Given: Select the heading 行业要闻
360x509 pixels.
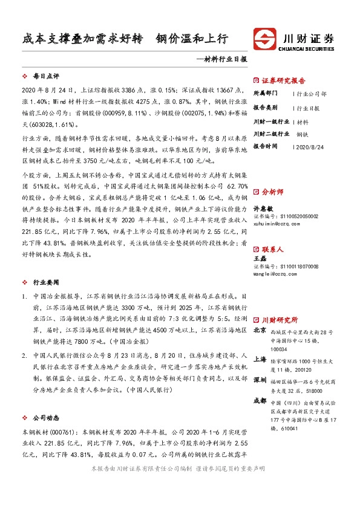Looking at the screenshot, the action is pos(45,282).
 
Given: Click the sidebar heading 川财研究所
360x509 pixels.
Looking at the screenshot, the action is pos(280,320).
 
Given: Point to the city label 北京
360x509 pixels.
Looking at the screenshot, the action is pos(259,331).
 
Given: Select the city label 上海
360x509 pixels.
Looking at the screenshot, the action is pos(259,359).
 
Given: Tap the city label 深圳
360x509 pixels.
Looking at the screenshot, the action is pos(259,380).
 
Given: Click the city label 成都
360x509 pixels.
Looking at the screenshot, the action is pos(259,400).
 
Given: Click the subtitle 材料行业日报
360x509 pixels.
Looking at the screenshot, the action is pos(225,60).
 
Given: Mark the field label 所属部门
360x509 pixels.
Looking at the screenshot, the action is pos(266,94).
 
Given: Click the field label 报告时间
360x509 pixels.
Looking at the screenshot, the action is pos(266,146).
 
